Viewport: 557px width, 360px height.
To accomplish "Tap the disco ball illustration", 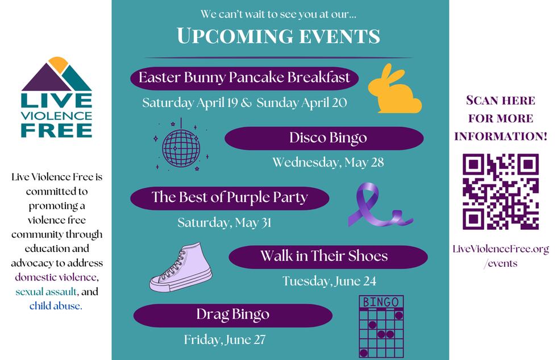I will pyautogui.click(x=181, y=144).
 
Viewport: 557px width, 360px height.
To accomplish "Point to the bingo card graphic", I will pyautogui.click(x=380, y=326).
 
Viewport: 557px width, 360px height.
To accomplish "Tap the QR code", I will pyautogui.click(x=500, y=192).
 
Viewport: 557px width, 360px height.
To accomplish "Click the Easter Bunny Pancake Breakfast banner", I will pyautogui.click(x=244, y=78).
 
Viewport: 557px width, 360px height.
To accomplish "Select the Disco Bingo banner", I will pyautogui.click(x=325, y=138).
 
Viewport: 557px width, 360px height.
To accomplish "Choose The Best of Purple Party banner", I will pyautogui.click(x=230, y=197).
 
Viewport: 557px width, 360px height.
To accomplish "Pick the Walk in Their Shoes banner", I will pyautogui.click(x=328, y=256).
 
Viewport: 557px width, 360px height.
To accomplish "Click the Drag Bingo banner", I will pyautogui.click(x=232, y=315).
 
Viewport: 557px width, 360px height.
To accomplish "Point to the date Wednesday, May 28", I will pyautogui.click(x=328, y=163).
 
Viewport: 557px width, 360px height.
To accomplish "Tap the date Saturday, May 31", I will pyautogui.click(x=224, y=222).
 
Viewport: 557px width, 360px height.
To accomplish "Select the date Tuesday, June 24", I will pyautogui.click(x=329, y=281).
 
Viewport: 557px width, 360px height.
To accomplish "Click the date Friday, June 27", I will pyautogui.click(x=225, y=340).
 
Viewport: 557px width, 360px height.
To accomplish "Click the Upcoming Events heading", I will pyautogui.click(x=278, y=36).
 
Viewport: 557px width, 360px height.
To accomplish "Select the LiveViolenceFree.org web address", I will pyautogui.click(x=501, y=250).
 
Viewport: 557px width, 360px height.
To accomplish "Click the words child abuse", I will pyautogui.click(x=56, y=306).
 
